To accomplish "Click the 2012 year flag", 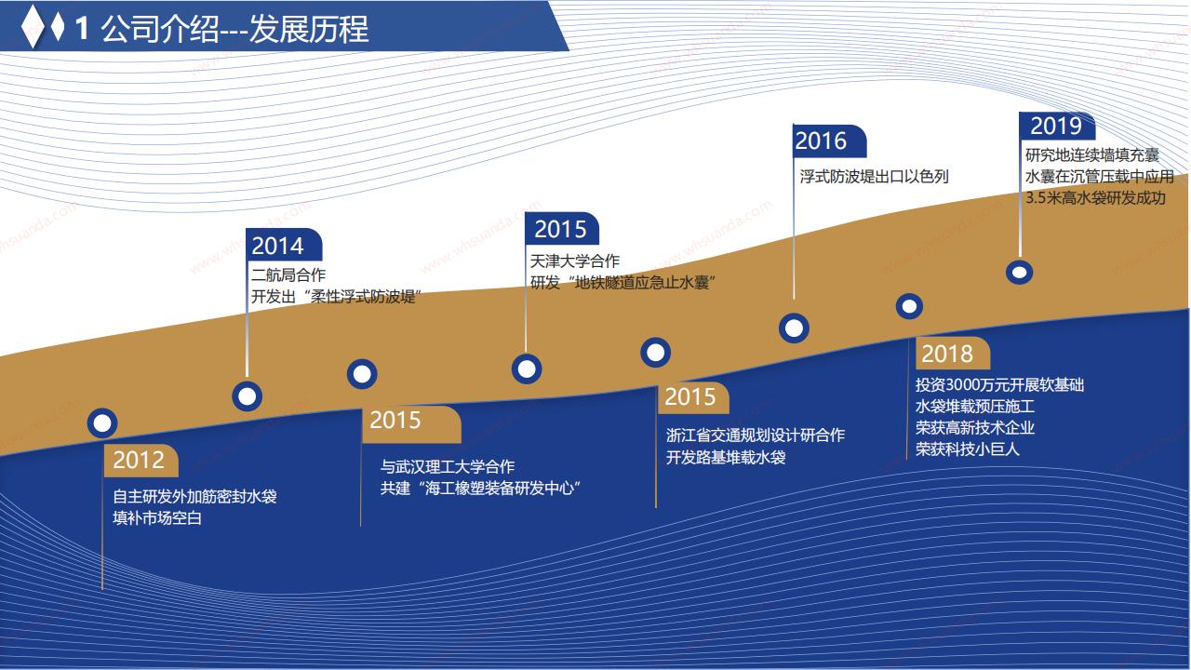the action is coord(141,460).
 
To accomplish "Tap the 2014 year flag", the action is coord(284,245).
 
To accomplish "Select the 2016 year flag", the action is coord(829,141).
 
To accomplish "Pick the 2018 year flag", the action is coord(952,353).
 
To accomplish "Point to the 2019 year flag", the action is coord(1057,126).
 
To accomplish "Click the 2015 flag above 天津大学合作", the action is coord(562,229).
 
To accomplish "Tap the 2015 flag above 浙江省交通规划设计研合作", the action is coord(693,397).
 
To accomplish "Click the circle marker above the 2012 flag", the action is coord(102,423).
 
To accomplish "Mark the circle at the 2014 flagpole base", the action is coord(248,396).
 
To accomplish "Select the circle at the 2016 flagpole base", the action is coord(794,328).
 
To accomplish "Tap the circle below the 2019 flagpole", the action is coord(1019,273).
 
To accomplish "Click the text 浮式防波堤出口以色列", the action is coord(874,176).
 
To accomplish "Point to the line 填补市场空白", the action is coord(157,518).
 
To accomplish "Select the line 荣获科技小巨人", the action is coord(967,449).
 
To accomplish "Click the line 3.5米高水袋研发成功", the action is coord(1095,198).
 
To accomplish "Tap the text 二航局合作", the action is coord(288,275).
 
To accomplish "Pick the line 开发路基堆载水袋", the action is coord(726,457).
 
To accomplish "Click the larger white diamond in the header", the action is coord(33,27).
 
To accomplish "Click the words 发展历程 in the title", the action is coord(308,29).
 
